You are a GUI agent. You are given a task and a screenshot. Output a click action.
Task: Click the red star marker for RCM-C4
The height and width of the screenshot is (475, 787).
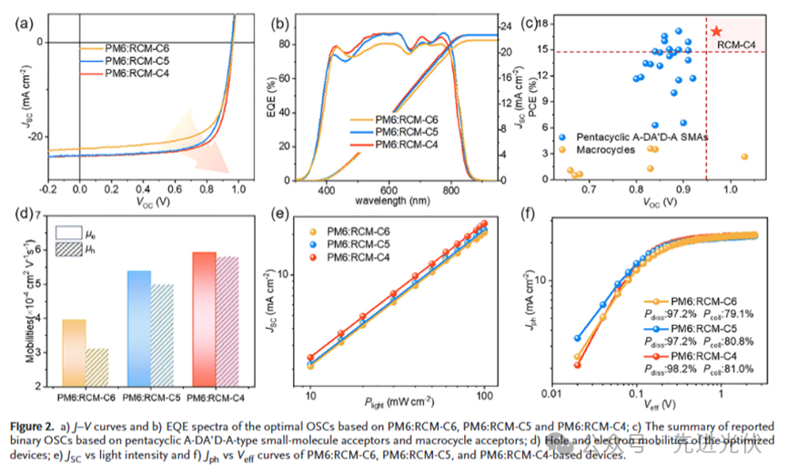click(x=716, y=31)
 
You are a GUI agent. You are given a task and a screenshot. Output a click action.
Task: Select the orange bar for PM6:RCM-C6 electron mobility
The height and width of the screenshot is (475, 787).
click(x=73, y=352)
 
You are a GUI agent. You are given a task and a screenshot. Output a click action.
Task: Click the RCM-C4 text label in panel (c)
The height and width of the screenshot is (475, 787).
click(x=735, y=43)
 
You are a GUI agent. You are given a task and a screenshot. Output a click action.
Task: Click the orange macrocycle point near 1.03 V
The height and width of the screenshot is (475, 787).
click(x=744, y=157)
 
